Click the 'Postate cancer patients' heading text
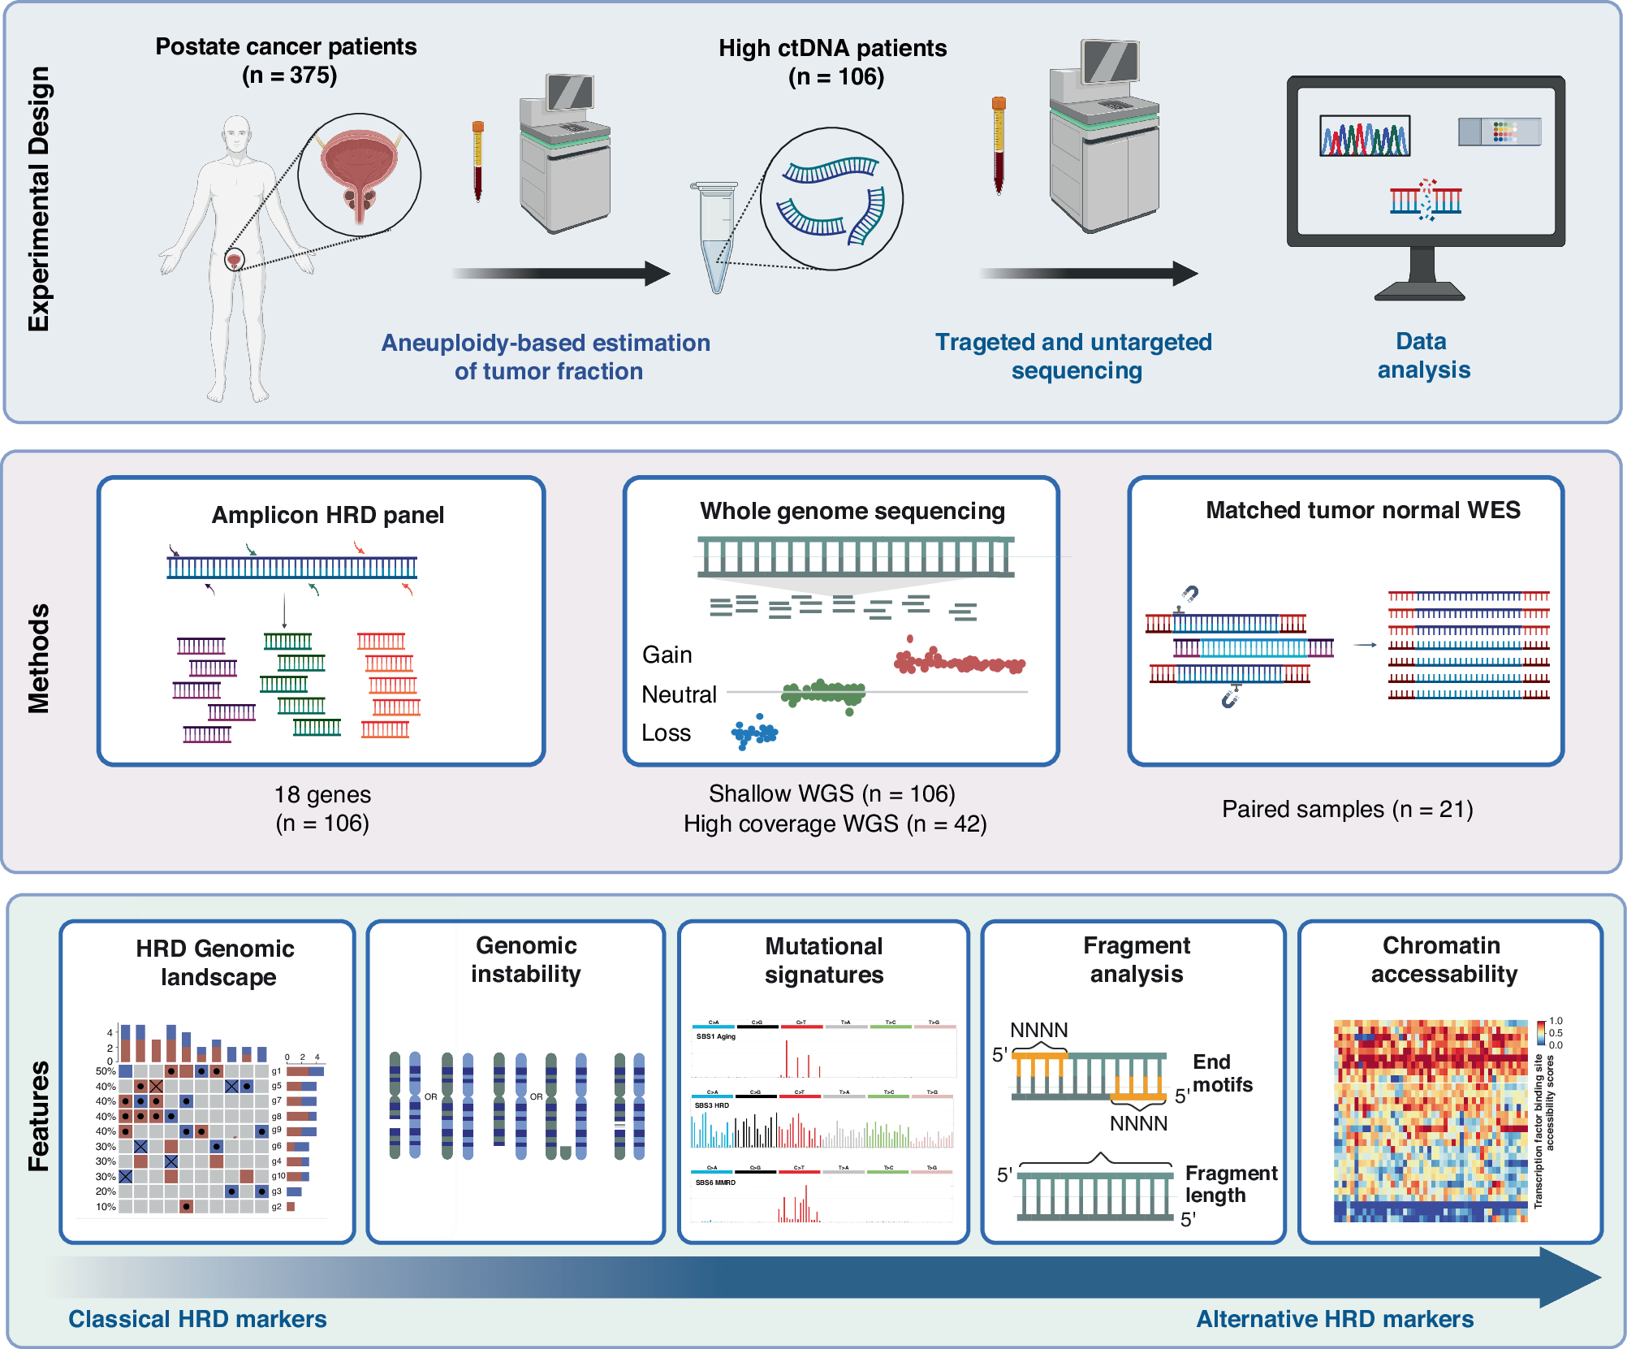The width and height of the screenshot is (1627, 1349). (286, 46)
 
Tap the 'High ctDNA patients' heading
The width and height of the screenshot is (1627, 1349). (832, 48)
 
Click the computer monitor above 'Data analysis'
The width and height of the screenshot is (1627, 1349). (1425, 162)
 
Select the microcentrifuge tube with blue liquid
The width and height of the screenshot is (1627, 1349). (715, 236)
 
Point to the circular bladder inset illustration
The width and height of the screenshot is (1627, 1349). (359, 175)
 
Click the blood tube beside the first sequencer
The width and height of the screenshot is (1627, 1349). (478, 160)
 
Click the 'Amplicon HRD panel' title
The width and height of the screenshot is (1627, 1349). (327, 515)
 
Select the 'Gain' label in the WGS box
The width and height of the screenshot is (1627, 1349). (667, 655)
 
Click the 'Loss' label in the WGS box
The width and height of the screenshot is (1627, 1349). (666, 733)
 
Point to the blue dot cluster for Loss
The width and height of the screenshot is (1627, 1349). (754, 733)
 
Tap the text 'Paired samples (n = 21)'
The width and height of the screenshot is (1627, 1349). (1347, 809)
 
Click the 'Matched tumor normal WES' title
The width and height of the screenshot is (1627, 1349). (1362, 510)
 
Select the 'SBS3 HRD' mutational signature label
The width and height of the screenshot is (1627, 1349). (712, 1105)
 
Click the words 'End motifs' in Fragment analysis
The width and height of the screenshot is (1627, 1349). (1222, 1073)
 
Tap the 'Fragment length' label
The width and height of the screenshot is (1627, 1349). (1230, 1184)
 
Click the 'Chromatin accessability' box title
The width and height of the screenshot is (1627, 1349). (1443, 959)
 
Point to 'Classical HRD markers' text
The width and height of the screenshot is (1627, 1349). (197, 1319)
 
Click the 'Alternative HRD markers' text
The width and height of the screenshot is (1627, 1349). (1335, 1319)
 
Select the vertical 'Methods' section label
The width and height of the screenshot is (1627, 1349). (38, 659)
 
